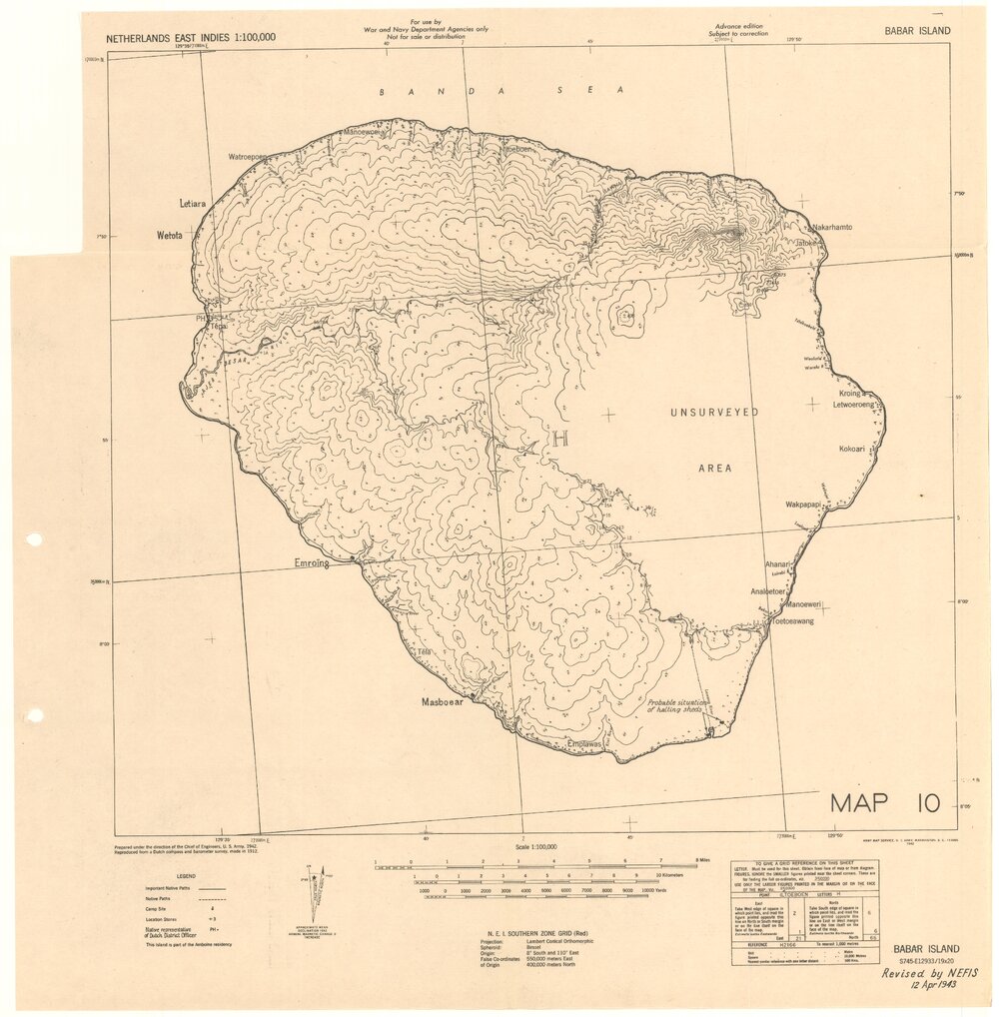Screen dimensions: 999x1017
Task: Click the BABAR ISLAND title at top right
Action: point(917,31)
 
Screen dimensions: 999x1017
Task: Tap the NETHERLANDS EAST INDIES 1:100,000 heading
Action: point(191,38)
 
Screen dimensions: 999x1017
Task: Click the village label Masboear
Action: point(442,702)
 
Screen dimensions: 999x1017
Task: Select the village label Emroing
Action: point(311,563)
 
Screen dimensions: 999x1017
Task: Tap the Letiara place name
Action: point(192,203)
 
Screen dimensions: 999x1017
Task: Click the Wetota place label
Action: point(170,236)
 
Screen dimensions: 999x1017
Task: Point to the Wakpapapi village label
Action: point(803,505)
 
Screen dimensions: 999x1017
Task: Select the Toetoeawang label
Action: point(792,621)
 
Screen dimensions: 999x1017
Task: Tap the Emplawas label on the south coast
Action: point(584,743)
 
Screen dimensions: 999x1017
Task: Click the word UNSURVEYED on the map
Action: point(714,412)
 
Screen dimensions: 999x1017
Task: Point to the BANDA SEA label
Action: point(500,90)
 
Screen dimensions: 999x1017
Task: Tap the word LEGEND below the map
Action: point(165,876)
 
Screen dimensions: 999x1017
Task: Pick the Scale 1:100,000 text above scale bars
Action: point(535,846)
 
